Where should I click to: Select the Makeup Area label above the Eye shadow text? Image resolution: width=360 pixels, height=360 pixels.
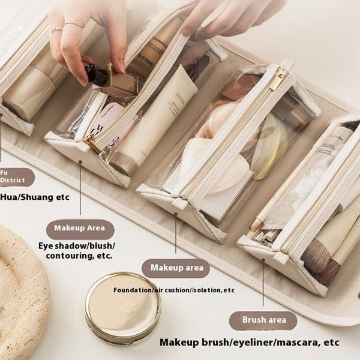tap(80, 229)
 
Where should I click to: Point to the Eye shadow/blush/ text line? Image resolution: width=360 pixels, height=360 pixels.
tap(77, 245)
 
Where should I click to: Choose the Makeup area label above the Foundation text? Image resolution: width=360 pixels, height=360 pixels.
tap(176, 268)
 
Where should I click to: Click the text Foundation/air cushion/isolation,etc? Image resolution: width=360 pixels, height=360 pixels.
tap(173, 290)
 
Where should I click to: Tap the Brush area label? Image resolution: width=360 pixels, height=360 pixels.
tap(262, 320)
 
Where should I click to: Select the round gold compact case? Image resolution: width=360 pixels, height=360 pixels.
tap(122, 308)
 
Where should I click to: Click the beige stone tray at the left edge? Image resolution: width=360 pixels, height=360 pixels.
tap(21, 288)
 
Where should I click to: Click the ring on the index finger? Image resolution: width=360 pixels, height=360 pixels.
tap(74, 25)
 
